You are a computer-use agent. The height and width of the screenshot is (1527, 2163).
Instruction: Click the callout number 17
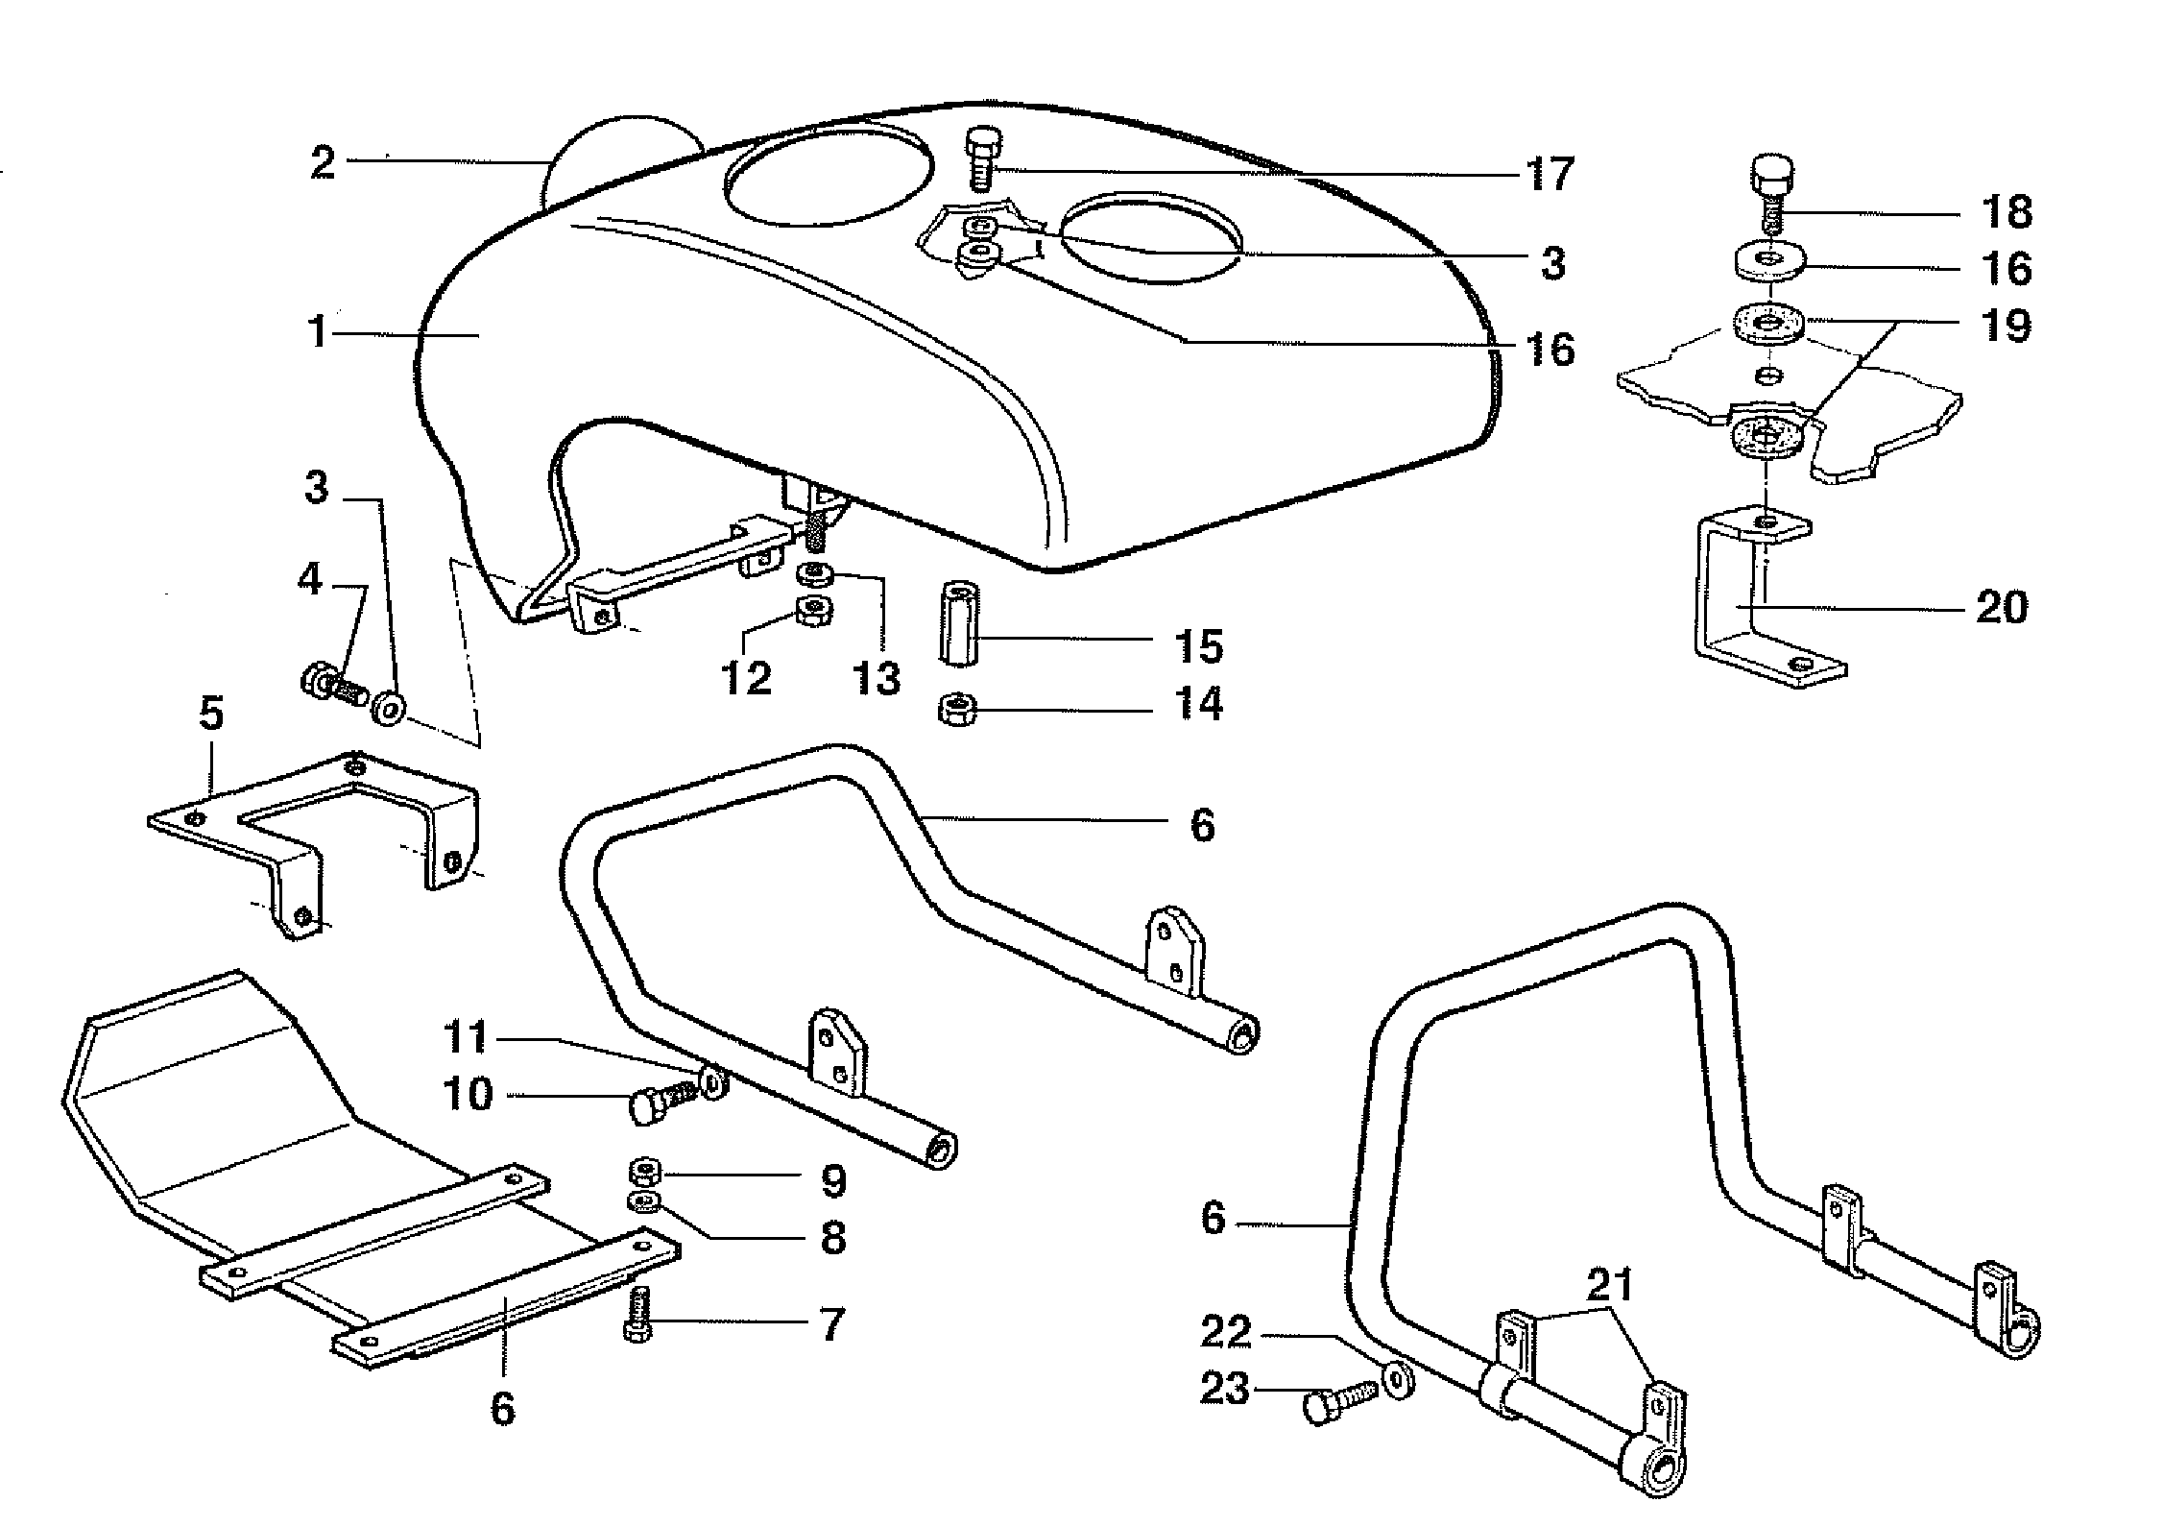(1550, 174)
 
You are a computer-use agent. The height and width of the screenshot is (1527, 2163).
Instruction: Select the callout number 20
(2002, 607)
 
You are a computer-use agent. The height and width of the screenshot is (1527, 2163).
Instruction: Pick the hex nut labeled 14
(956, 712)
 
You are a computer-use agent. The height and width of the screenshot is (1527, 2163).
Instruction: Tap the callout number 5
(210, 715)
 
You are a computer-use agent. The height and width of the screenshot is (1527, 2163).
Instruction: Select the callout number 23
(1225, 1389)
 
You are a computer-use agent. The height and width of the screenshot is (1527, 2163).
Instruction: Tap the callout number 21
(1610, 1286)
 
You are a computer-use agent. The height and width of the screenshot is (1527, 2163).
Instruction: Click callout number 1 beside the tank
(319, 332)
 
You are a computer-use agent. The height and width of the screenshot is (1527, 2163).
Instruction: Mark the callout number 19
(2006, 326)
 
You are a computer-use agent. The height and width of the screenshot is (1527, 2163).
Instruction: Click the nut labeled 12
(815, 609)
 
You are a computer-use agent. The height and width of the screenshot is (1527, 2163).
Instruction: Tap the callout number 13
(877, 678)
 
